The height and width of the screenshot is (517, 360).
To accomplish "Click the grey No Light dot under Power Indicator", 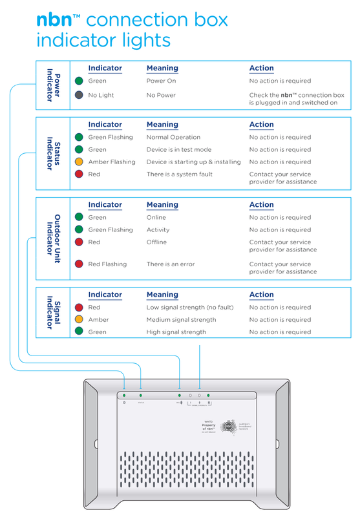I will [79, 95].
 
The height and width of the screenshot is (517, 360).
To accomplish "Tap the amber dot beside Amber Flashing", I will [79, 162].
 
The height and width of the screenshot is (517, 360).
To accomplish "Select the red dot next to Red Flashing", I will [79, 264].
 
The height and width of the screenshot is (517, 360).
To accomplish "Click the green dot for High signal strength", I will [79, 332].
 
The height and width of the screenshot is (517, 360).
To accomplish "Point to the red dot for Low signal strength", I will [79, 308].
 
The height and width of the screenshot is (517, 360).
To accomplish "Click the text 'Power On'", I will [161, 81].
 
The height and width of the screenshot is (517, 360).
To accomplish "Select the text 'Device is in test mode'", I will [178, 150].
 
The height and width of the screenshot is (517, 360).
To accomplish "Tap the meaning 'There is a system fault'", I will [179, 174].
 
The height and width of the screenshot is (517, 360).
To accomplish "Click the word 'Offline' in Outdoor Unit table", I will [156, 242].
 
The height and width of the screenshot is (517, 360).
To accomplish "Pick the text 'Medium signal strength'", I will [181, 320].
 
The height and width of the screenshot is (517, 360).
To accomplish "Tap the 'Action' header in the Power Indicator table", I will [261, 69].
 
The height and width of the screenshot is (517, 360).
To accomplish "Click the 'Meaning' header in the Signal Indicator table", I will [162, 295].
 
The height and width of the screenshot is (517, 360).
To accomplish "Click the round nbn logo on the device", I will [229, 427].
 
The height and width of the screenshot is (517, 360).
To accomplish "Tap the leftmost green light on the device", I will [124, 394].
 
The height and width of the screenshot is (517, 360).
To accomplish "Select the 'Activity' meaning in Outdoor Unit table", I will [158, 230].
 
